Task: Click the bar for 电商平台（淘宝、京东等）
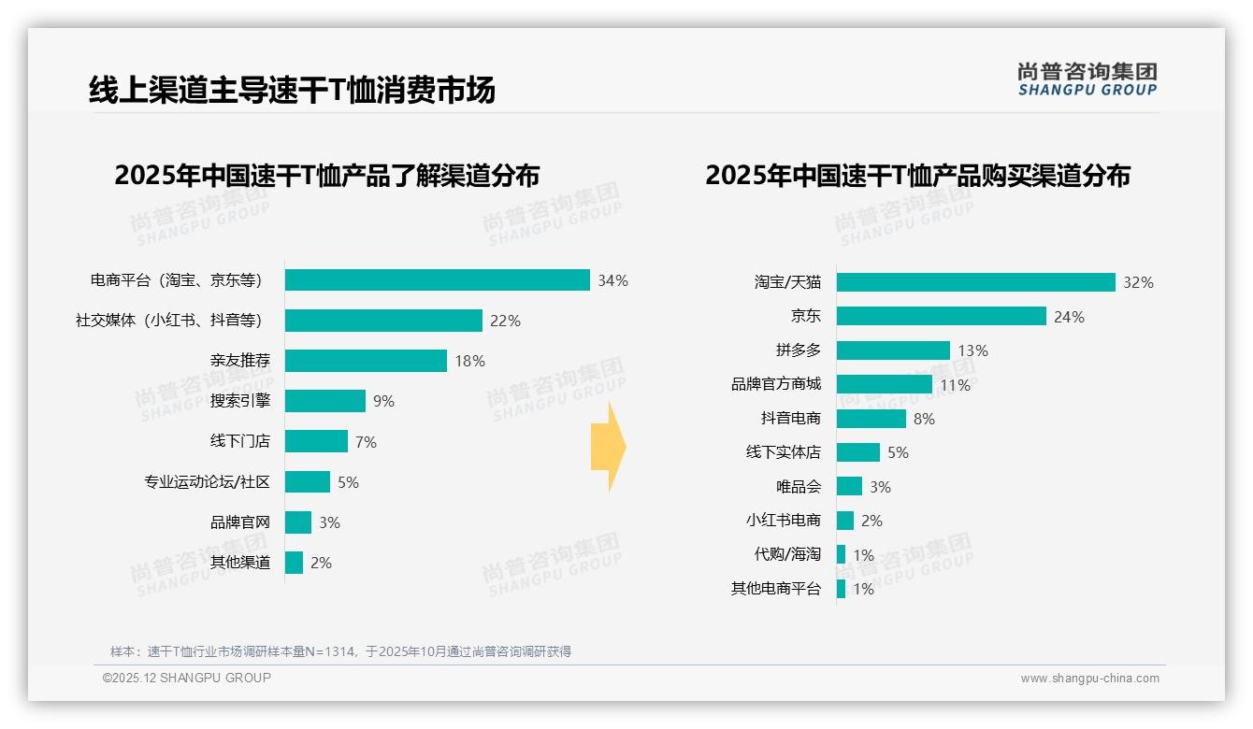pos(437,280)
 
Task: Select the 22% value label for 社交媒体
pos(505,321)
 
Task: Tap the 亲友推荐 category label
pos(239,361)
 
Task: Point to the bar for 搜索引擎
pos(324,401)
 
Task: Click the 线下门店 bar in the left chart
pos(316,441)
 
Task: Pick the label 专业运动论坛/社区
pos(207,482)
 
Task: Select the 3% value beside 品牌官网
pos(329,522)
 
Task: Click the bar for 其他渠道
pos(294,563)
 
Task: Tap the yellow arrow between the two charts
pos(609,448)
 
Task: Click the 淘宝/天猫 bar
pos(975,282)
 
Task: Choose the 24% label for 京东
pos(1069,317)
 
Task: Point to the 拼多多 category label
pos(798,350)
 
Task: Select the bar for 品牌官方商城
pos(884,384)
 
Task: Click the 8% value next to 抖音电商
pos(924,419)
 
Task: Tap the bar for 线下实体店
pos(857,452)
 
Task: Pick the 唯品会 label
pos(798,487)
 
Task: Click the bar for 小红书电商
pos(844,521)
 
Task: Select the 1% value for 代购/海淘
pos(863,555)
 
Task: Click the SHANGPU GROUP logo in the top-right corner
pos(1087,79)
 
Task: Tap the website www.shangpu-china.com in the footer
pos(1089,679)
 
